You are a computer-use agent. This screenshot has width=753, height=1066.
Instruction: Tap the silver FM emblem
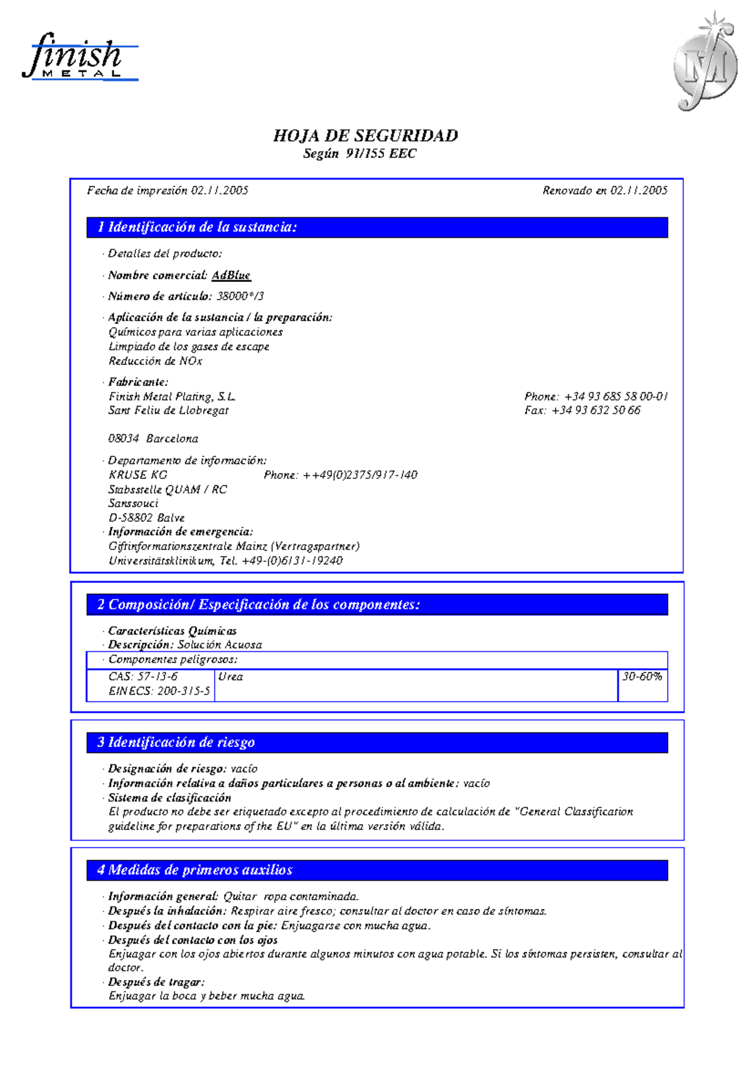(705, 63)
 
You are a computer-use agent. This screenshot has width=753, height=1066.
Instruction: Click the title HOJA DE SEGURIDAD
(365, 136)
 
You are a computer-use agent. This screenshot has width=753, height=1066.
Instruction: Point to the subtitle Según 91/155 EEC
(359, 154)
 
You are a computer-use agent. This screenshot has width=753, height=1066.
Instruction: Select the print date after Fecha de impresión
(219, 190)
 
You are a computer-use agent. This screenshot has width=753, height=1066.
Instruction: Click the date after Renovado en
(639, 190)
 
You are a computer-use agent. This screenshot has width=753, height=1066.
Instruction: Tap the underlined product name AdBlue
(231, 275)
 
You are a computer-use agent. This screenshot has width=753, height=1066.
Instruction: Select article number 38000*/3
(240, 296)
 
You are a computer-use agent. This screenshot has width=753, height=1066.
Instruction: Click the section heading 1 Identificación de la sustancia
(197, 227)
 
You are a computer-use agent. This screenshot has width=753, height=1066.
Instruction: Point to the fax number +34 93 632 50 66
(595, 410)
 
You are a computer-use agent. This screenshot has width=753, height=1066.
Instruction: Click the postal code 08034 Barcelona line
(153, 438)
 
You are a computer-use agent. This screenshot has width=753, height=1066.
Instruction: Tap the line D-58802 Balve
(146, 517)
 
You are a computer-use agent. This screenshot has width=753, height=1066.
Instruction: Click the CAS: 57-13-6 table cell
(143, 676)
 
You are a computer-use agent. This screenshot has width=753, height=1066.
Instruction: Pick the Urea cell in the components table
(230, 677)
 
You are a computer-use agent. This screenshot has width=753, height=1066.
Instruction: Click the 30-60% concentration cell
(642, 677)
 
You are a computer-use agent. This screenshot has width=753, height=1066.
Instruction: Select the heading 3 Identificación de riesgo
(176, 742)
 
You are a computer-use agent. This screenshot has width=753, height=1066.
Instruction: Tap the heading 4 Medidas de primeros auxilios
(195, 869)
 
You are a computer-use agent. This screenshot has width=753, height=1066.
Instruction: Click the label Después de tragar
(156, 982)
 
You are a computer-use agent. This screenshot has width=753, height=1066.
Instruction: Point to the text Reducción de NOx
(155, 361)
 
